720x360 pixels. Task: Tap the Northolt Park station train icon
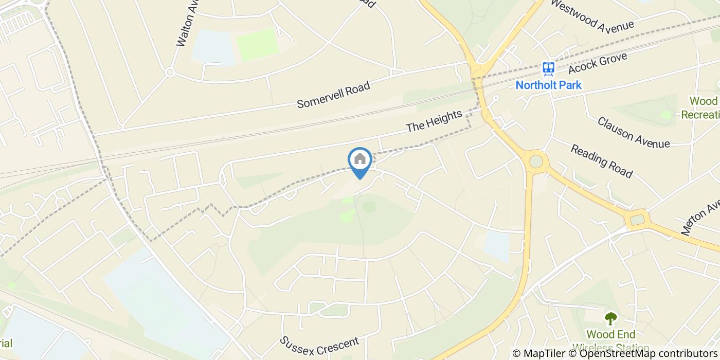pos(548,69)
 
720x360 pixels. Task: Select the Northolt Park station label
pos(548,85)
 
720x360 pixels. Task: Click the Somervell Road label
pos(333,95)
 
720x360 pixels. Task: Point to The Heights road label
pos(434,121)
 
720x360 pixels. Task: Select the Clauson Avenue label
pos(633,132)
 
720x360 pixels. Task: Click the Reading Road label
pos(601,161)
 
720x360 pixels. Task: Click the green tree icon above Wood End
pos(610,319)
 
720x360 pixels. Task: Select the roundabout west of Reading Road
pos(536,161)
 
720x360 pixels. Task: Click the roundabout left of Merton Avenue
pos(637,220)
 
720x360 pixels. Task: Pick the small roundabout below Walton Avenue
pos(170,73)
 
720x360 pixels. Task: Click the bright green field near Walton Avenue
pos(257,44)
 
